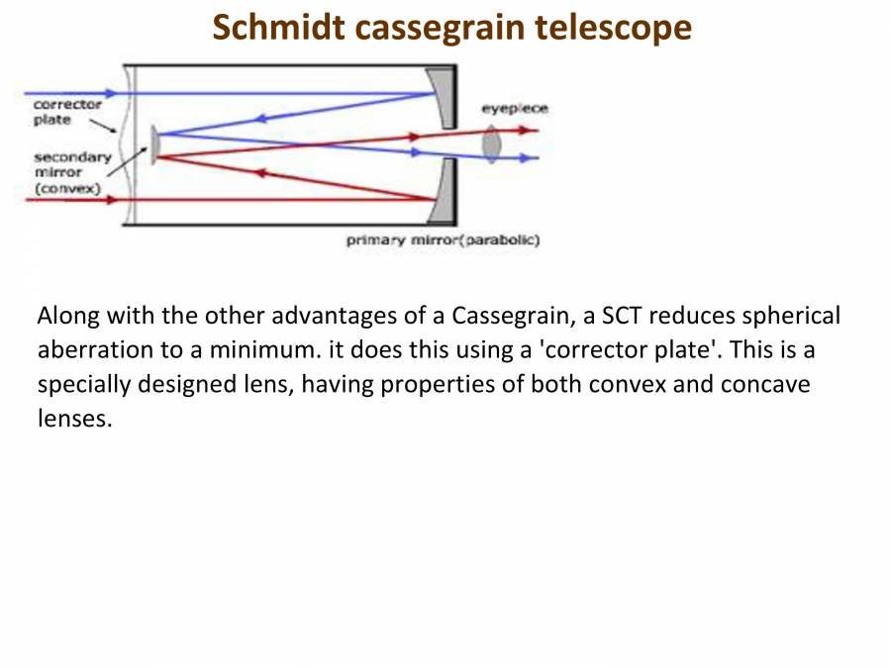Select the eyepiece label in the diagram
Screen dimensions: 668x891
point(514,108)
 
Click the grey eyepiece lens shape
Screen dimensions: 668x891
point(491,144)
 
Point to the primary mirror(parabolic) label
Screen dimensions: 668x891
point(443,240)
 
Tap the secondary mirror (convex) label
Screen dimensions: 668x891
point(71,172)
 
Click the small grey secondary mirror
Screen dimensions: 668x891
point(153,143)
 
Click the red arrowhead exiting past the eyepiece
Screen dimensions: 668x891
point(532,130)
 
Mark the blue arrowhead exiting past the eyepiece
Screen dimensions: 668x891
point(532,158)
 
